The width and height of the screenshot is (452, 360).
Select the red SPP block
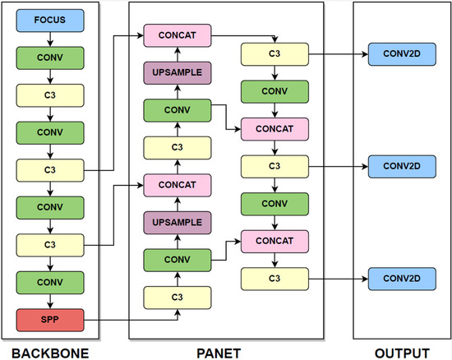coord(50,318)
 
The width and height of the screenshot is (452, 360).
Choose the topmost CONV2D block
coord(401,54)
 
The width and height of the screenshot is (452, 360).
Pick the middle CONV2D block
coord(401,165)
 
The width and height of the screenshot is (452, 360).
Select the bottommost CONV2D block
coord(401,277)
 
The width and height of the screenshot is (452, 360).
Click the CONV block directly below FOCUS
coord(50,58)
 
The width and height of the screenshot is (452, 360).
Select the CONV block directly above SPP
coord(50,282)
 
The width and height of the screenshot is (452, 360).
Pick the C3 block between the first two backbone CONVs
coord(50,95)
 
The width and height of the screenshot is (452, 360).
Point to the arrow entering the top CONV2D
coord(337,54)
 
